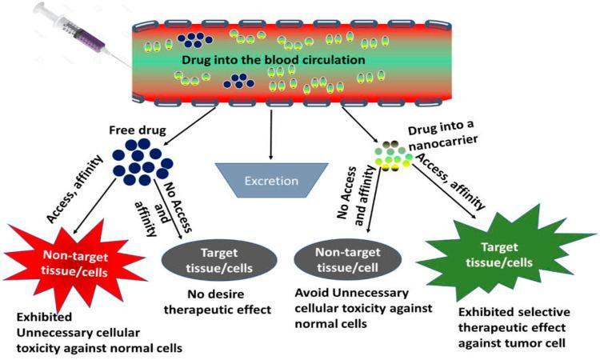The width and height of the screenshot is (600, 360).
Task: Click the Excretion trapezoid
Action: point(271,181)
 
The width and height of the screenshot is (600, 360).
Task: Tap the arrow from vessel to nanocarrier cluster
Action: point(359,123)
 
